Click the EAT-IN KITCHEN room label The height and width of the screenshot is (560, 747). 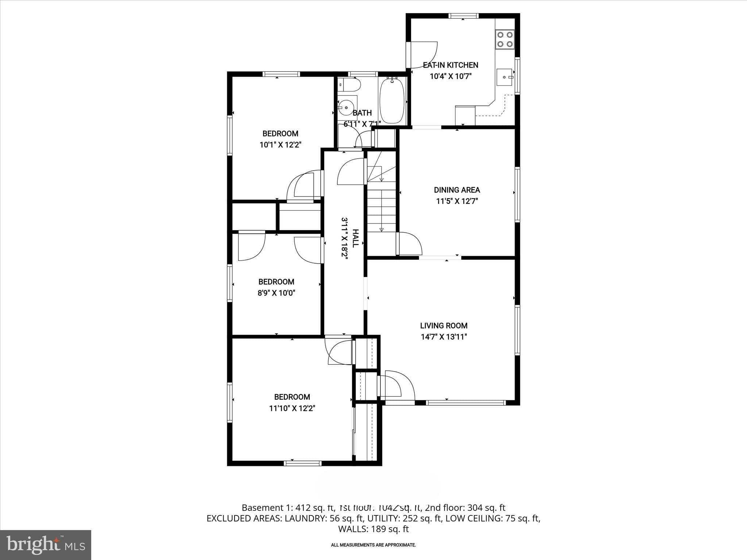coord(450,65)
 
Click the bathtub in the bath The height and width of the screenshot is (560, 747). coord(392,101)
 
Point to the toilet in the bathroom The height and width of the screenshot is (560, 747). coord(350,85)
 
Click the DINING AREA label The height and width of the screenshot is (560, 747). coord(457,190)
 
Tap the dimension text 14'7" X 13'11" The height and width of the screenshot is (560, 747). coord(444,337)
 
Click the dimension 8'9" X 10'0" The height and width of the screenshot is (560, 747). coord(276,293)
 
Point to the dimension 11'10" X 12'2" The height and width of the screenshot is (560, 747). coord(292,408)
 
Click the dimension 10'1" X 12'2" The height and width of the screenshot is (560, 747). coord(280,145)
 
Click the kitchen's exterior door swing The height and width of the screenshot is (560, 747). coord(423,55)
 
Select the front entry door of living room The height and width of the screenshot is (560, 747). coord(397,386)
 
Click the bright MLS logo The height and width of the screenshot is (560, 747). coord(46,545)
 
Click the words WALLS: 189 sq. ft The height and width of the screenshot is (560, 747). coord(373,529)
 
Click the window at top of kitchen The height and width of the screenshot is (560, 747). coord(463,16)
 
